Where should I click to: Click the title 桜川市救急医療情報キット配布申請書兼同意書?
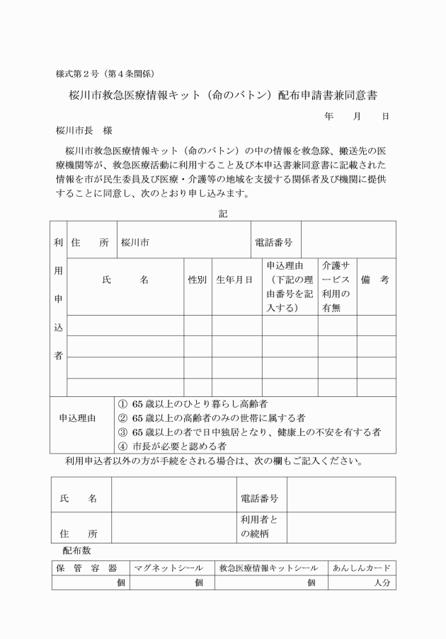tap(224, 95)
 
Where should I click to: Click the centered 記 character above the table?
tap(223, 212)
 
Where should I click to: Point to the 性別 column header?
tap(198, 280)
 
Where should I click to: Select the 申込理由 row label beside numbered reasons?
tap(81, 425)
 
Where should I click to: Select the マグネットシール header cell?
tap(170, 568)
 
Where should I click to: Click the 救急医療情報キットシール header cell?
tap(268, 568)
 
